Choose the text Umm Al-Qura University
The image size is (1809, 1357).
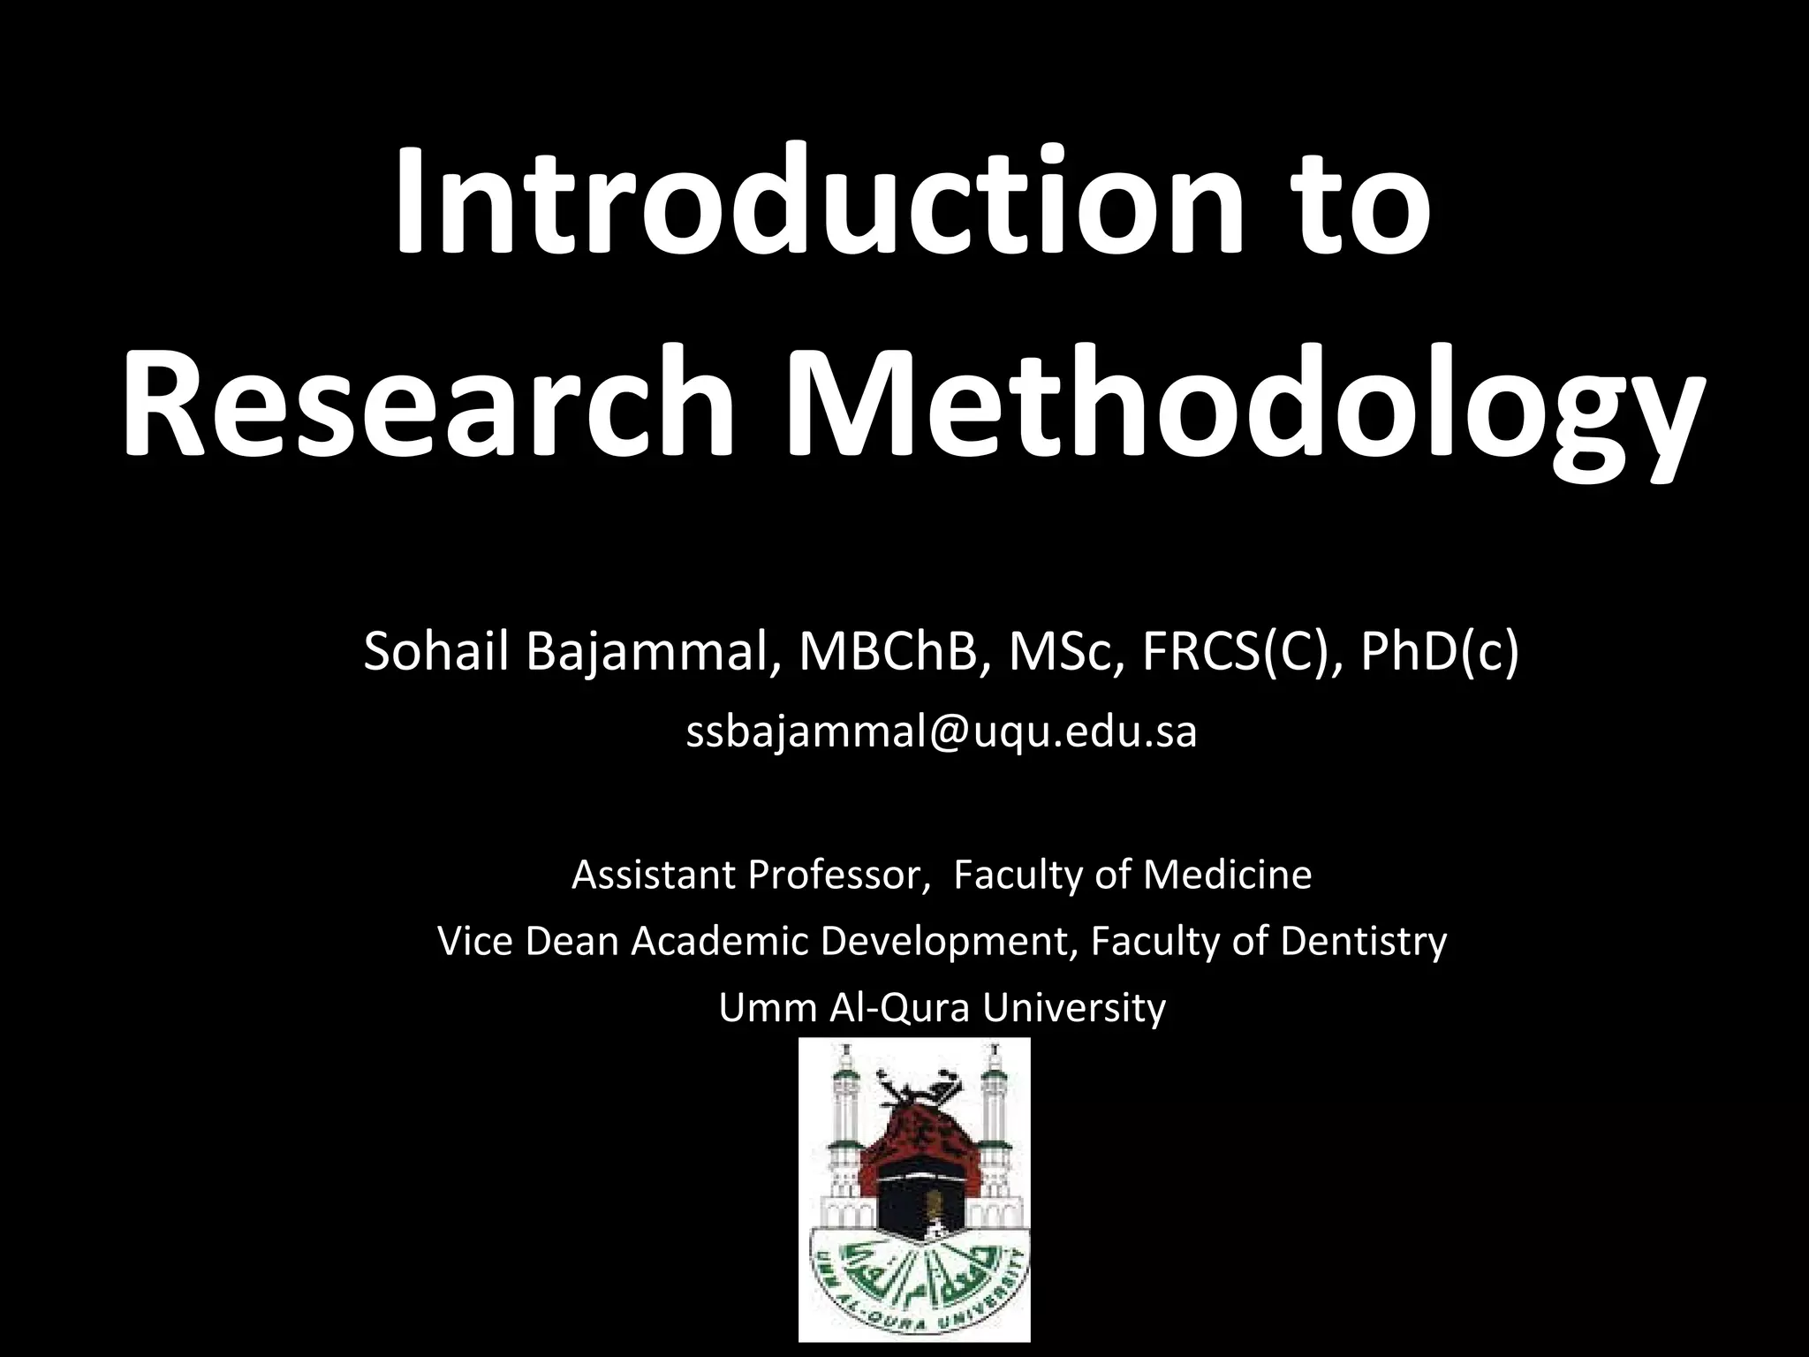942,1008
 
